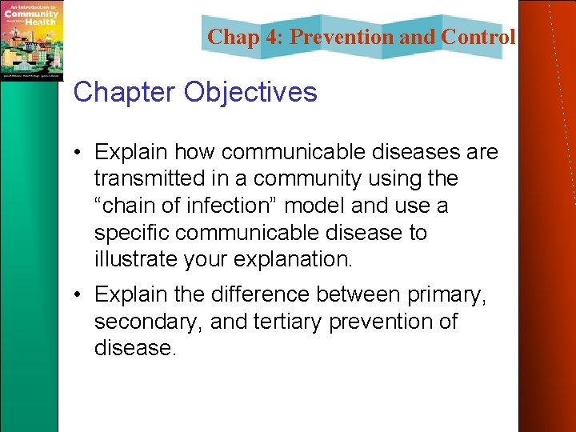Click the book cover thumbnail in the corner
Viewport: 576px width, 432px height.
tap(31, 40)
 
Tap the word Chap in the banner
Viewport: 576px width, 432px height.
tap(231, 37)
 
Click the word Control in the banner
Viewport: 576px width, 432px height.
tap(478, 37)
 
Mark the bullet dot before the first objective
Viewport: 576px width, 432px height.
tap(80, 152)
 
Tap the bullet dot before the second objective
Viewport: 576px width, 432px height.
tap(80, 295)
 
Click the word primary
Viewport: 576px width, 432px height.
tap(446, 294)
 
